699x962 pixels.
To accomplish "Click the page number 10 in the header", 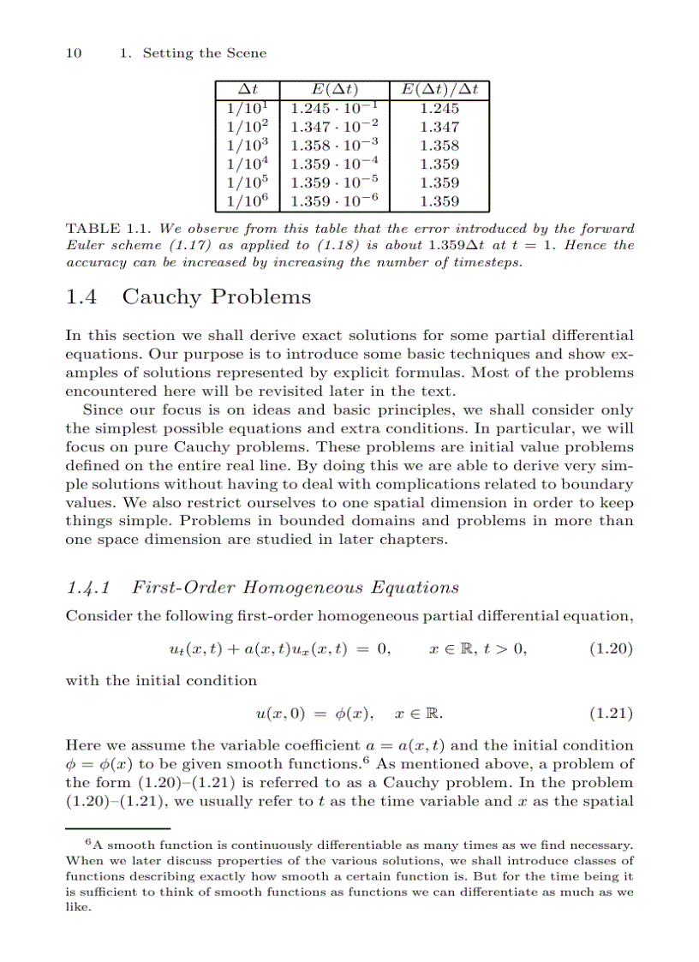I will (x=74, y=53).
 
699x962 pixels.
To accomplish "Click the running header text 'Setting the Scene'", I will (x=204, y=53).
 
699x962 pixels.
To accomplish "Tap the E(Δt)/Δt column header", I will (x=439, y=90).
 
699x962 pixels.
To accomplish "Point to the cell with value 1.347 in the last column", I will (x=439, y=128).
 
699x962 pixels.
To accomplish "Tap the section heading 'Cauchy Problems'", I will (x=216, y=297).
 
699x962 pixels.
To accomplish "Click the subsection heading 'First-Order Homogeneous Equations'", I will (x=296, y=588).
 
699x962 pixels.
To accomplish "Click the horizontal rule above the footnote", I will (x=118, y=829).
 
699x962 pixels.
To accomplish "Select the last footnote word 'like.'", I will (x=78, y=906).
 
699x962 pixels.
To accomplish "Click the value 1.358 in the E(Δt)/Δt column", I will (x=439, y=146).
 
